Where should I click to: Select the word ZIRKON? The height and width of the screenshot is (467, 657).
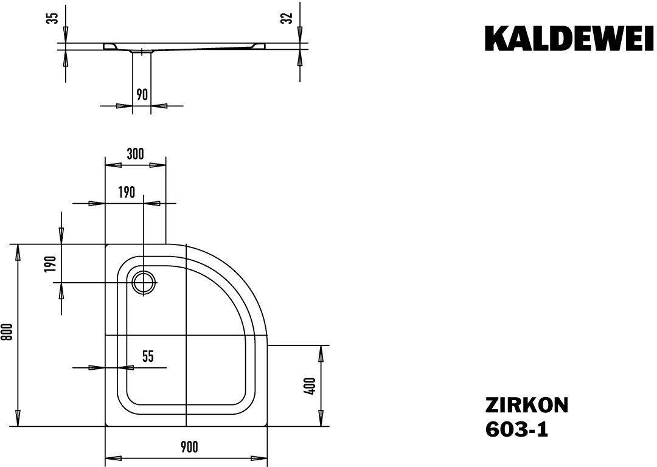tap(527, 406)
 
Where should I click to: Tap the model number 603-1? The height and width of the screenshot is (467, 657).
tap(516, 429)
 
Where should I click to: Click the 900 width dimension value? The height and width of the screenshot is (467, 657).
tap(190, 447)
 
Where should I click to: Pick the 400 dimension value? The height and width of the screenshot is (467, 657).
tap(310, 386)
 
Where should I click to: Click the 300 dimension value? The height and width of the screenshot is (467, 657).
tap(135, 154)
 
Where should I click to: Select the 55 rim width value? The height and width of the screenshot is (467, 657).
tap(148, 356)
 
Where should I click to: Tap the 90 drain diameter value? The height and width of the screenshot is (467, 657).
tap(142, 95)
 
